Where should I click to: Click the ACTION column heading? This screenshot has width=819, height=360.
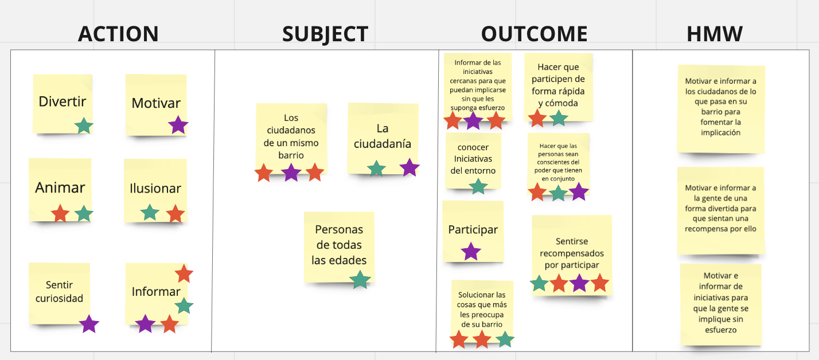(x=118, y=34)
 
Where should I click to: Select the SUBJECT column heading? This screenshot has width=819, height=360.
(x=325, y=34)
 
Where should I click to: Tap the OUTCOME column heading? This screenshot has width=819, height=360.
(x=534, y=34)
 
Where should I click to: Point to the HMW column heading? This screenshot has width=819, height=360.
(x=715, y=34)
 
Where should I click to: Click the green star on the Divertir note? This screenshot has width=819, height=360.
(x=84, y=126)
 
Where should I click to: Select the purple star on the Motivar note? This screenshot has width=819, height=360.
(x=178, y=125)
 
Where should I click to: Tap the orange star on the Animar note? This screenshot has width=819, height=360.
(x=60, y=214)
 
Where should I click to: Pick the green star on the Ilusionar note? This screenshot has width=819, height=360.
(x=150, y=213)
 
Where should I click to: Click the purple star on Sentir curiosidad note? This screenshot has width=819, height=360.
(x=89, y=324)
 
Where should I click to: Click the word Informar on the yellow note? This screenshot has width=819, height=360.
(x=156, y=292)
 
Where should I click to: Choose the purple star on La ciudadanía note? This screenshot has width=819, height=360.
(x=409, y=167)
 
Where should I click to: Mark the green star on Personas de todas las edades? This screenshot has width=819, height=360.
(x=360, y=280)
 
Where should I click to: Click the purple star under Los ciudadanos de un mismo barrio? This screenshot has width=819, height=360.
(x=291, y=172)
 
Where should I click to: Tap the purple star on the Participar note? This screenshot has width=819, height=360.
(x=471, y=251)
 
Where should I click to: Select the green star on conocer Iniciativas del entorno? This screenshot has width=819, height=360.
(x=478, y=186)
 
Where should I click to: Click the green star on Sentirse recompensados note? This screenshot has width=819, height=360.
(x=539, y=283)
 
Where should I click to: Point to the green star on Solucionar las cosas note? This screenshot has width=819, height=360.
(x=504, y=339)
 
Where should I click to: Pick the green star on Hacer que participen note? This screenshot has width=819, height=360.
(x=559, y=118)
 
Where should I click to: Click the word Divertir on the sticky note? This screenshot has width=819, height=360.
(x=63, y=102)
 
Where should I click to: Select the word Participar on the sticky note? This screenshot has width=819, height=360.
(x=473, y=230)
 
